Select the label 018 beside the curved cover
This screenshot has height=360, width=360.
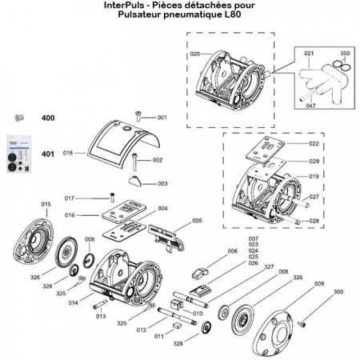[67, 152]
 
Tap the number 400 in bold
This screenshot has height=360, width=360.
[48, 118]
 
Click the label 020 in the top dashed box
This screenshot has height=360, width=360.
[194, 54]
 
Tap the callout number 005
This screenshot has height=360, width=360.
[197, 220]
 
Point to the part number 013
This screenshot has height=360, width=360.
[101, 316]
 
